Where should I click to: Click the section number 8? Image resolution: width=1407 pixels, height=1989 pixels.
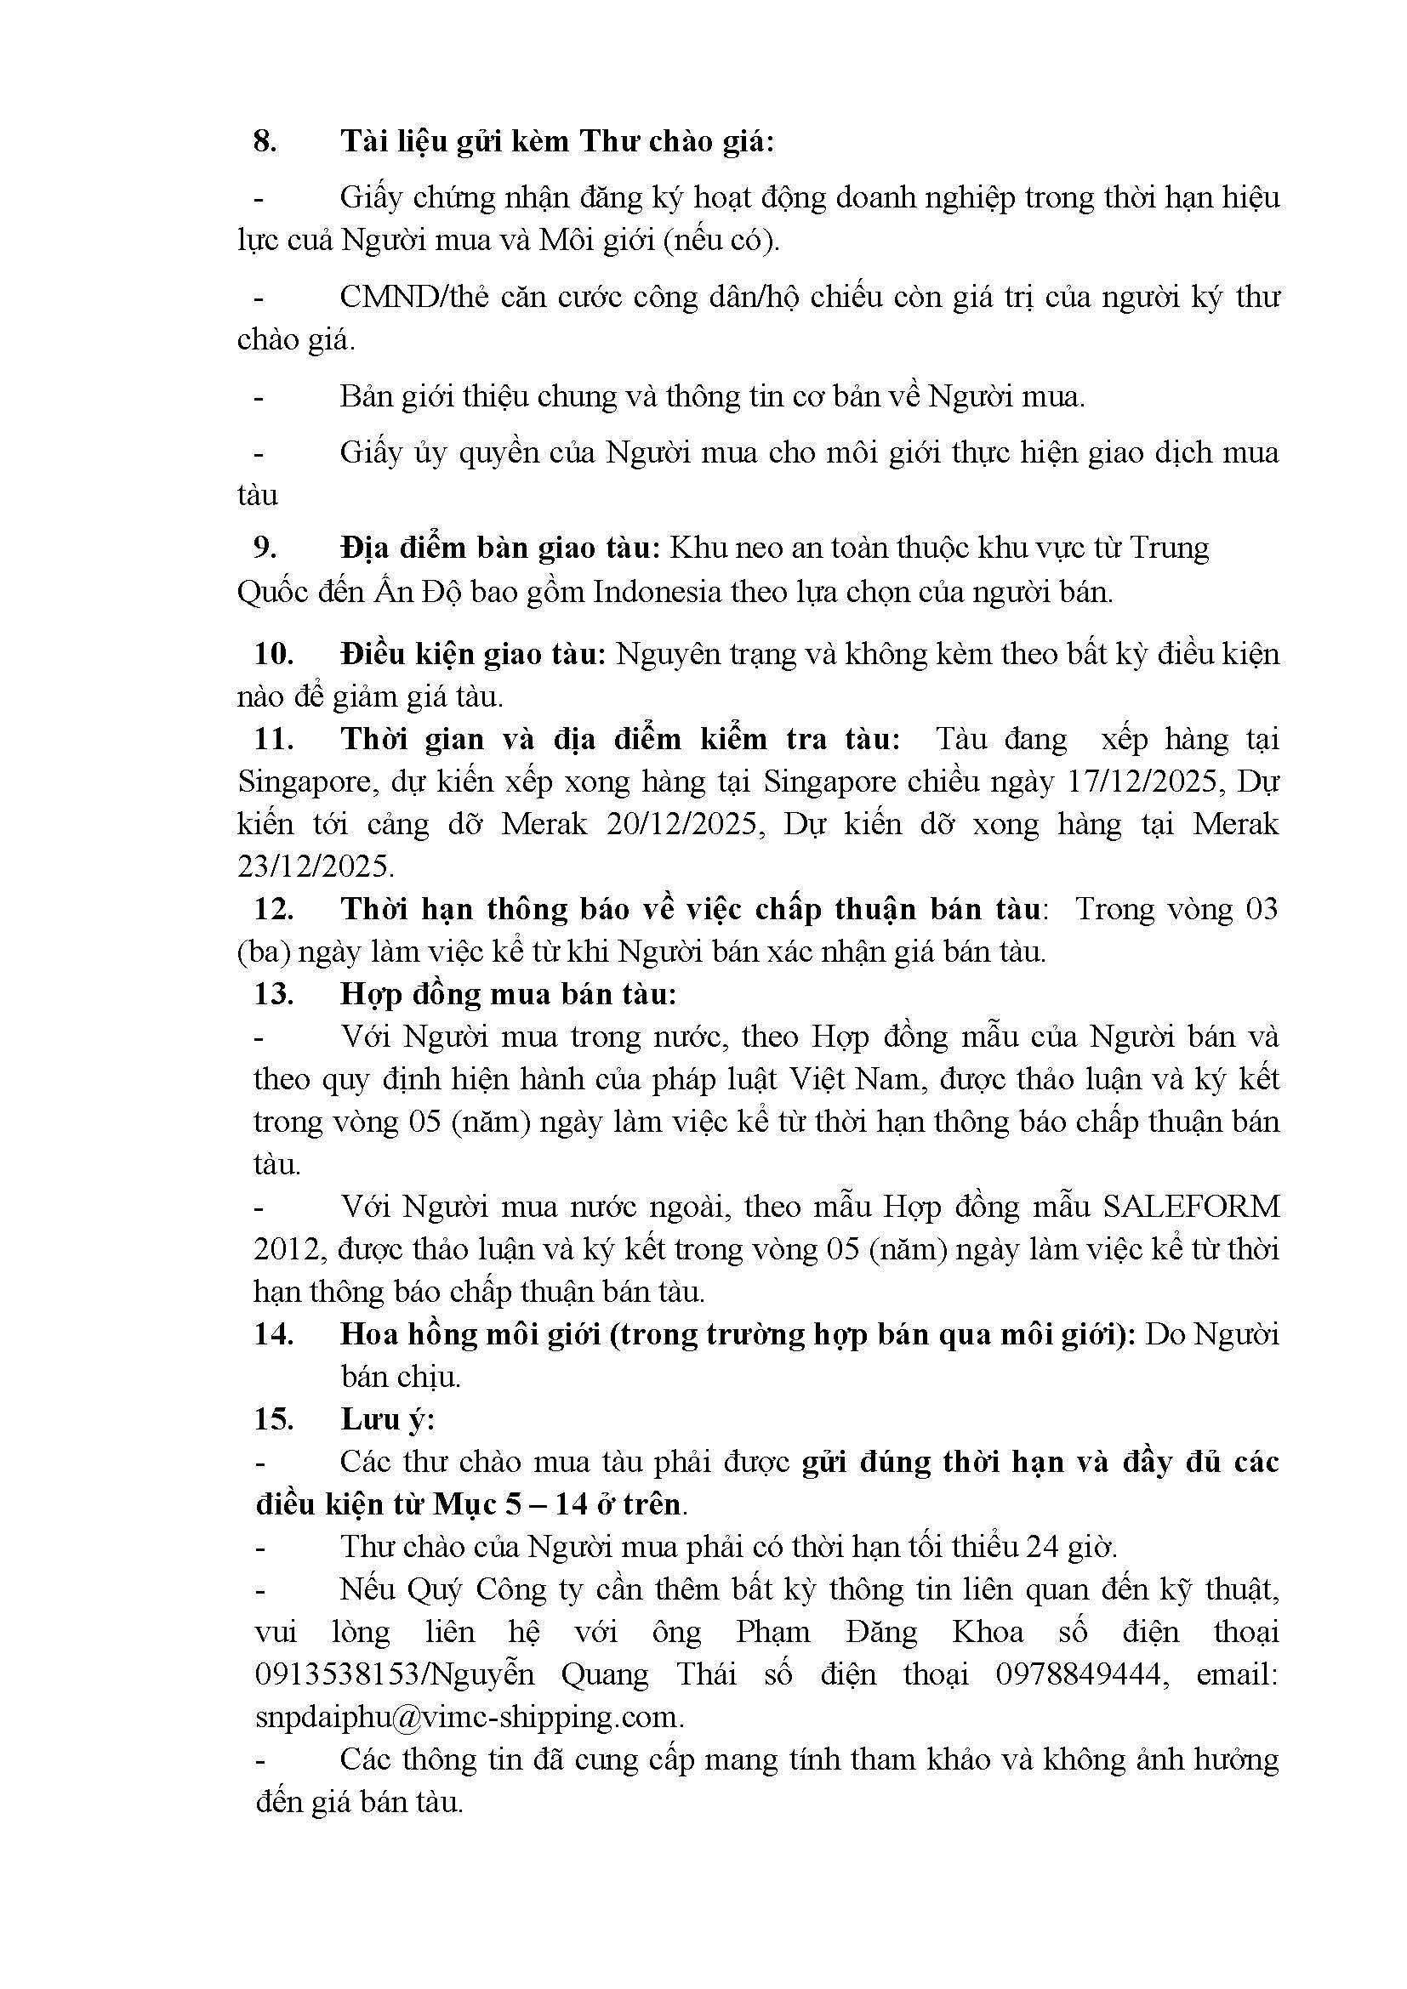click(x=265, y=141)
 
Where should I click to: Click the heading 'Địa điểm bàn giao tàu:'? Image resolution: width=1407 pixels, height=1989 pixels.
click(x=501, y=548)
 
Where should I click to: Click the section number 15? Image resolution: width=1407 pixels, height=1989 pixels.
click(x=274, y=1419)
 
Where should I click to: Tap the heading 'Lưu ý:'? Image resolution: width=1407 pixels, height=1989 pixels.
click(x=387, y=1419)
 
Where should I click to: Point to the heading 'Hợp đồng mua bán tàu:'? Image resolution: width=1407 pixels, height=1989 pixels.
click(x=509, y=993)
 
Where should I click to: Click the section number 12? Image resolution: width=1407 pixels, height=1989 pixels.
click(x=274, y=909)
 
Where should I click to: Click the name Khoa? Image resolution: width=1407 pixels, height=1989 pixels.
click(x=988, y=1632)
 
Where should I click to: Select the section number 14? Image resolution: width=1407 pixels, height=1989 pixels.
click(x=274, y=1334)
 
